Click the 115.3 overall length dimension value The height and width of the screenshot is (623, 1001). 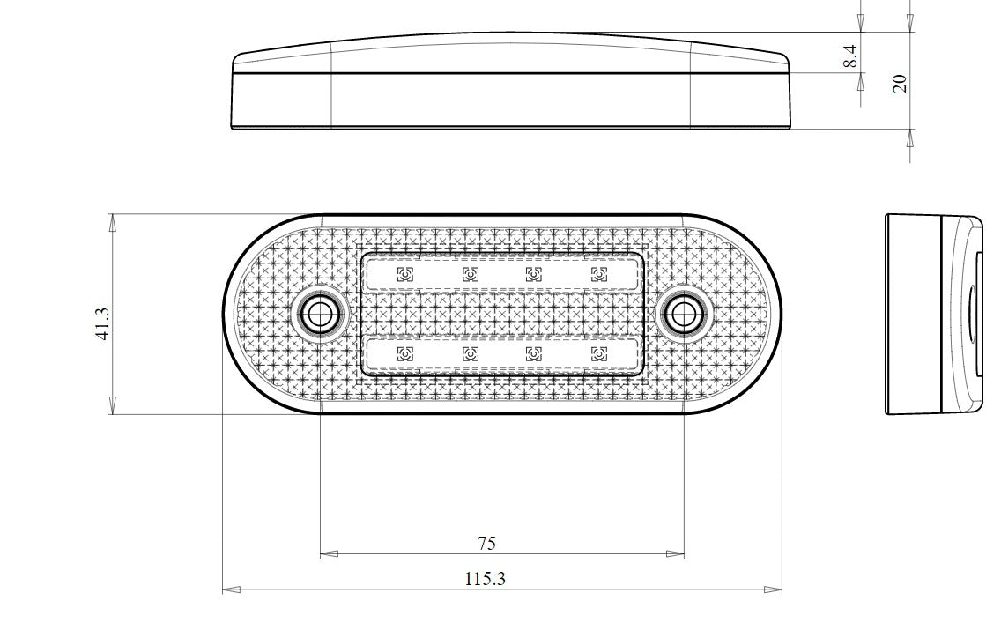485,579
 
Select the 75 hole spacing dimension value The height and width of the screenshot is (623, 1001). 486,543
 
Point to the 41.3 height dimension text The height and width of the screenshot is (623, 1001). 101,323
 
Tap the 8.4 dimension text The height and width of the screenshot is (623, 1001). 849,57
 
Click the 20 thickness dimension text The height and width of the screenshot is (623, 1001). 900,84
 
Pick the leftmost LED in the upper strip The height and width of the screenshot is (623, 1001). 404,274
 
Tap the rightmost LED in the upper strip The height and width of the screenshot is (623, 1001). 599,274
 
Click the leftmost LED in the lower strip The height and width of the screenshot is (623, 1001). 404,354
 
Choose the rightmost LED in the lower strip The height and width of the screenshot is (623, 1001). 599,354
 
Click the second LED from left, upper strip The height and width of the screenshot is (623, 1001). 470,274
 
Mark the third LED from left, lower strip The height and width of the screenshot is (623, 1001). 533,354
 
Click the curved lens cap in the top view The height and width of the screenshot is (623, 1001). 511,53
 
